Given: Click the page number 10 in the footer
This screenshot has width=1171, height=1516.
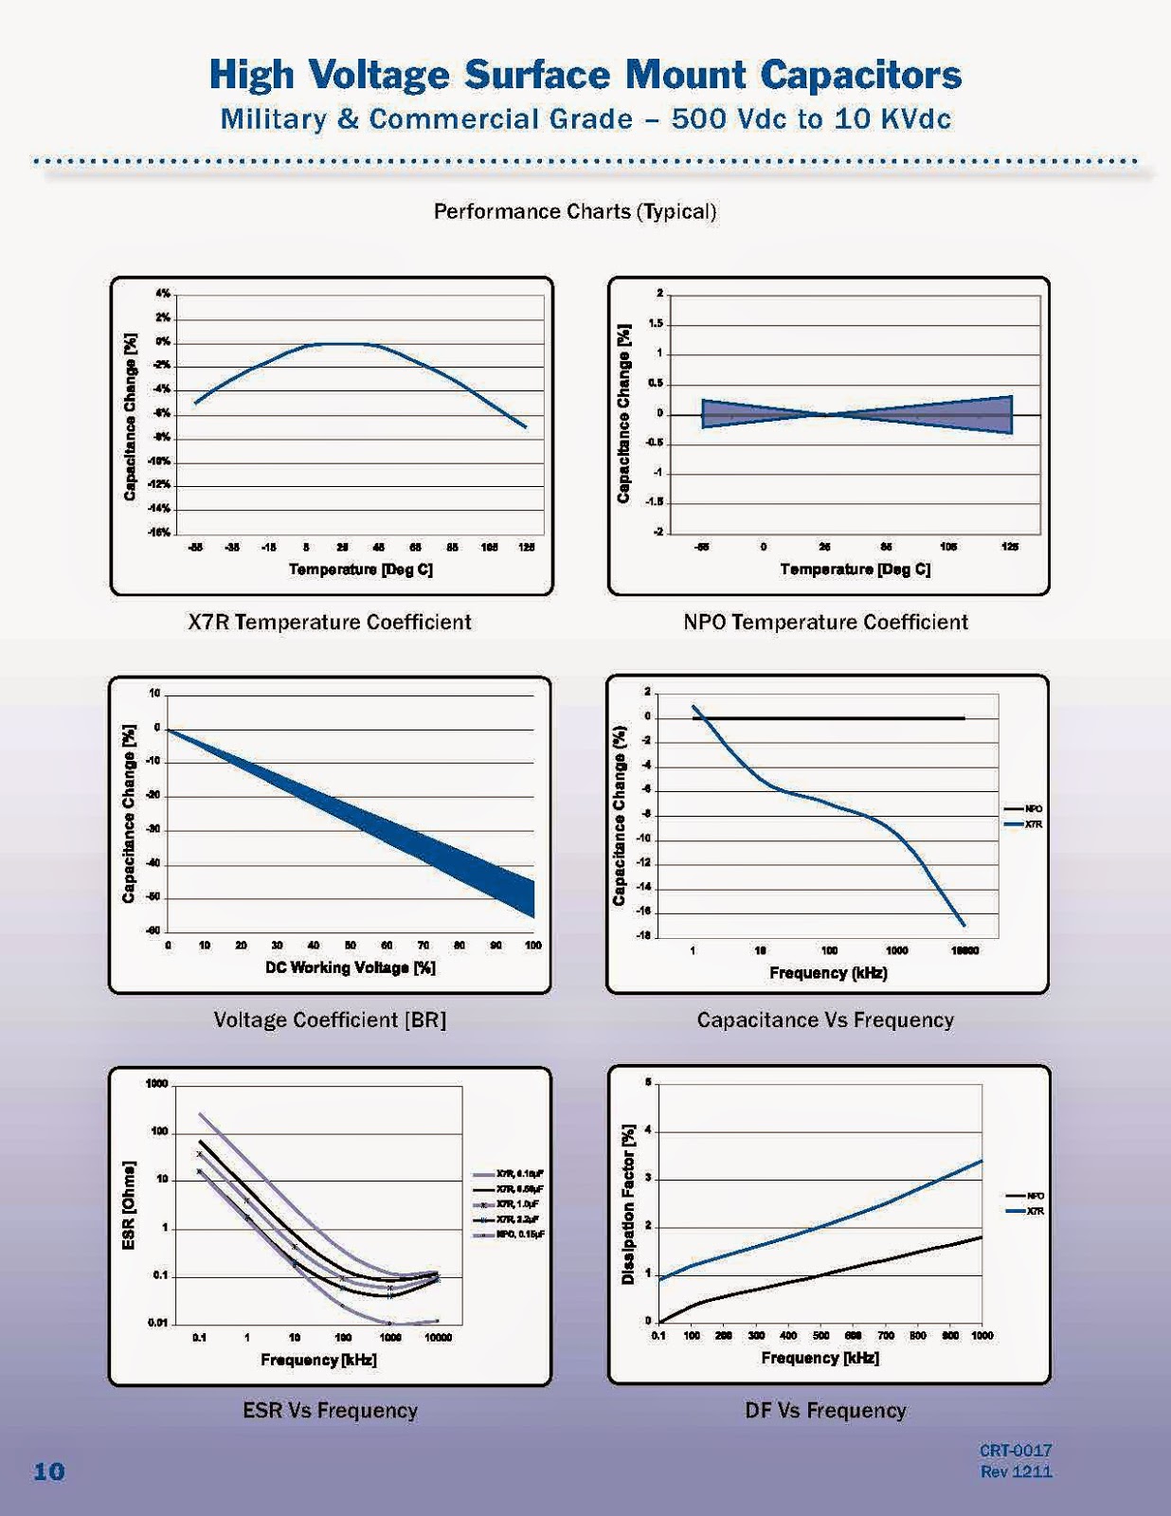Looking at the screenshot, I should pyautogui.click(x=49, y=1471).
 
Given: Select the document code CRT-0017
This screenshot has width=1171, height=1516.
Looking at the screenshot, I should pyautogui.click(x=1016, y=1451).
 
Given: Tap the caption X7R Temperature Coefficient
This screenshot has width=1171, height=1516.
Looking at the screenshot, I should pyautogui.click(x=330, y=622).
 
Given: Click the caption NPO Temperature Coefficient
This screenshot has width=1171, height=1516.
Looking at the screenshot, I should pyautogui.click(x=826, y=622).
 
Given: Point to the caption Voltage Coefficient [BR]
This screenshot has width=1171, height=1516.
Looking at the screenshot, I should pyautogui.click(x=330, y=1020).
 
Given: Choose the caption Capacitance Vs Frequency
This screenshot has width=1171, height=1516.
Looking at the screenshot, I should pyautogui.click(x=825, y=1020).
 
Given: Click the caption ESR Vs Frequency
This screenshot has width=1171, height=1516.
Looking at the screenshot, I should pyautogui.click(x=330, y=1410).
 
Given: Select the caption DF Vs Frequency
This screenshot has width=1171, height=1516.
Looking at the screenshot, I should pyautogui.click(x=825, y=1410).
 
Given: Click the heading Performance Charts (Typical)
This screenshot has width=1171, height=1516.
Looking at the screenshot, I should pyautogui.click(x=575, y=210).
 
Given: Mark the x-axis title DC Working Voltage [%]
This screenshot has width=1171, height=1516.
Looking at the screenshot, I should pyautogui.click(x=350, y=967).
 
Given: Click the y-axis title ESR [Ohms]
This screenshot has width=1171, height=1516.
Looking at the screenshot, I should pyautogui.click(x=130, y=1204).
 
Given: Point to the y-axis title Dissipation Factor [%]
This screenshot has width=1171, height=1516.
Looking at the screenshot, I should pyautogui.click(x=627, y=1204).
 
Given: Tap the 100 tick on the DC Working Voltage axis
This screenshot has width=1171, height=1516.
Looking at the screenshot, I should pyautogui.click(x=533, y=946).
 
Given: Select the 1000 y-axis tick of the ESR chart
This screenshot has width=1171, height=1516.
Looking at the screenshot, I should pyautogui.click(x=157, y=1084).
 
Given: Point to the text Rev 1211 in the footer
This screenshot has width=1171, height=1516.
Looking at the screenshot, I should pyautogui.click(x=1016, y=1471).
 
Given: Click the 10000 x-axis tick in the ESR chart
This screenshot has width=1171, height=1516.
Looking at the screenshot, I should pyautogui.click(x=438, y=1338).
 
